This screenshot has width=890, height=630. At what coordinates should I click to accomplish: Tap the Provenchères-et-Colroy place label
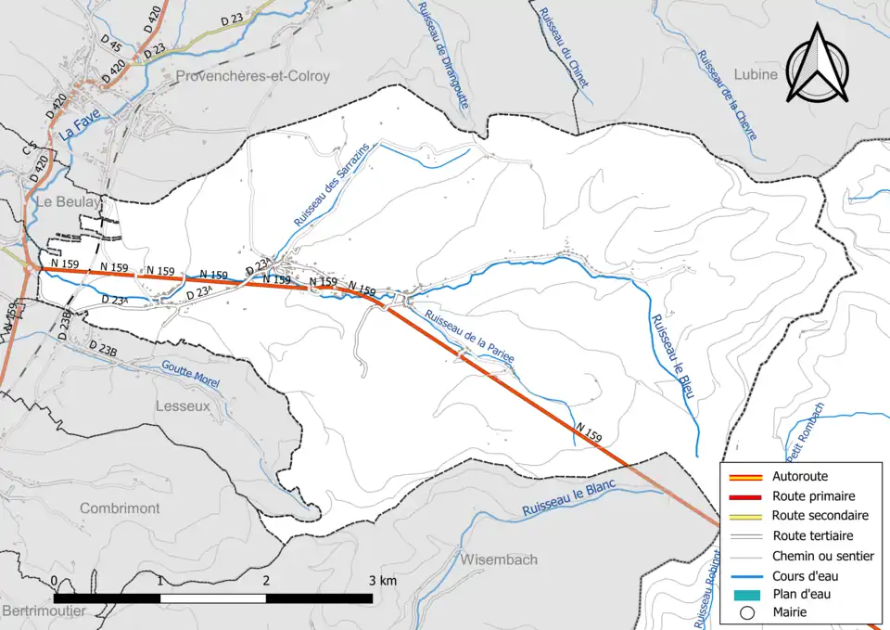pos(252,76)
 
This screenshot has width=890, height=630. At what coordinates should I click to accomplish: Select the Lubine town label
pos(755,75)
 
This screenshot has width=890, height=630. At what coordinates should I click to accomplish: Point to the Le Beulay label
pos(68,201)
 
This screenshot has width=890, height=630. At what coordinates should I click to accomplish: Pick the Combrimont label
pos(120,508)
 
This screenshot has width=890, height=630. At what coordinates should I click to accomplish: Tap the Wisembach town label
pos(498,559)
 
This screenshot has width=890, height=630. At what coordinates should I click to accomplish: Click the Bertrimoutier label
pos(43,611)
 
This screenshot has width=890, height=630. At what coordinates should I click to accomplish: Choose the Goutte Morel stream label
pos(189,373)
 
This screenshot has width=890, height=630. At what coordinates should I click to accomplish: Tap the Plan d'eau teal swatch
pos(747,595)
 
